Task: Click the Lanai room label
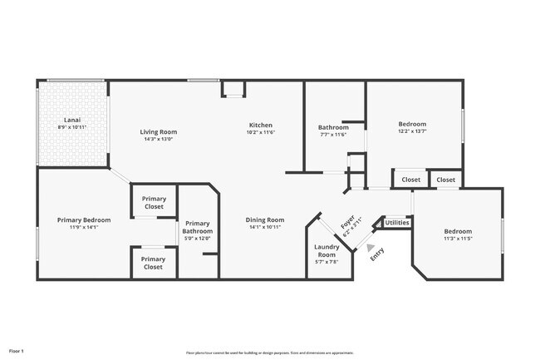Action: pos(72,121)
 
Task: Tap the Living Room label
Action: pos(158,131)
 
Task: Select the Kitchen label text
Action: pos(260,125)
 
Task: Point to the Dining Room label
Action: pos(265,219)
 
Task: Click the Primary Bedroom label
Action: pos(77,219)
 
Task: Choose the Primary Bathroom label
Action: pos(199,227)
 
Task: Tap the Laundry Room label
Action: pos(326,250)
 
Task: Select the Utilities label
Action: pos(397,223)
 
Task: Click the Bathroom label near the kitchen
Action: pos(333,127)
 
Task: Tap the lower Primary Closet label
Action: pos(154,264)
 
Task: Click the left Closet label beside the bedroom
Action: pos(410,180)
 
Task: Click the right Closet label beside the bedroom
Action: pos(446,180)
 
